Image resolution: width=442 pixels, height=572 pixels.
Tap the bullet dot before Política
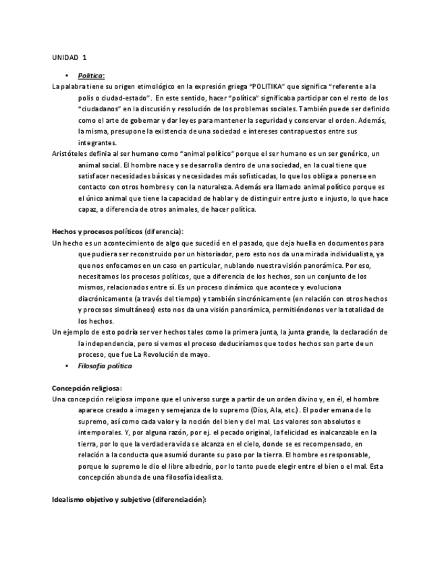point(66,76)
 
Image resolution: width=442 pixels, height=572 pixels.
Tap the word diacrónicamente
point(105,299)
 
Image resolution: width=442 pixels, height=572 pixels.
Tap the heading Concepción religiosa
point(86,389)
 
